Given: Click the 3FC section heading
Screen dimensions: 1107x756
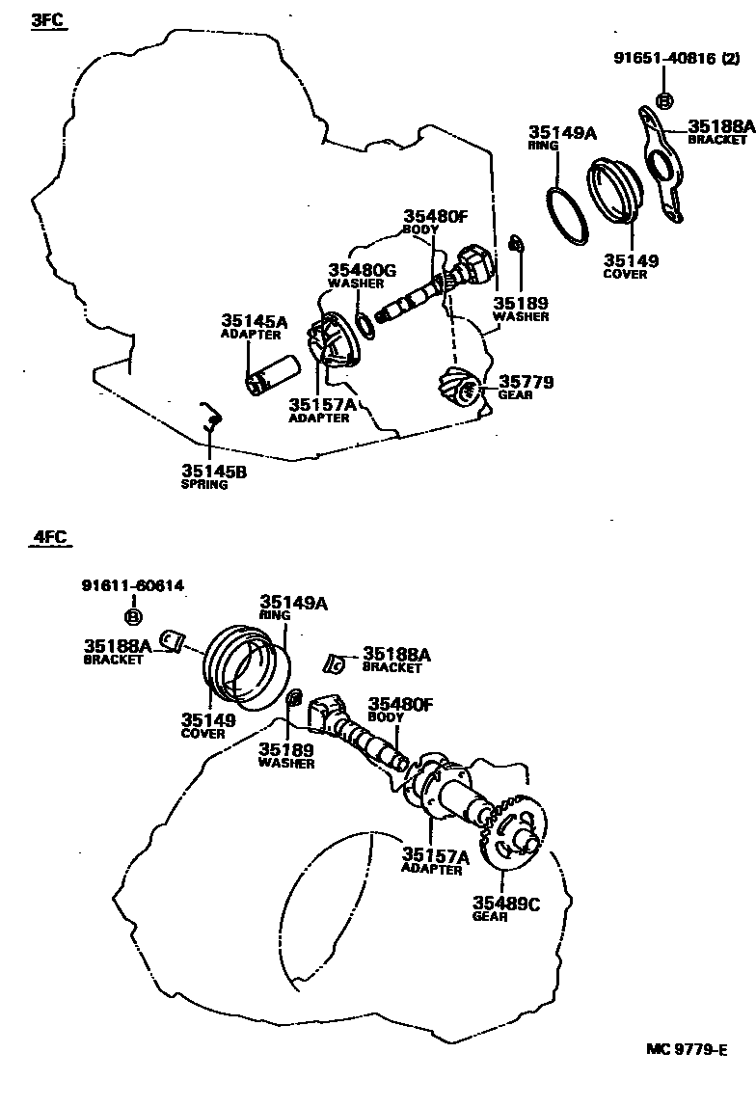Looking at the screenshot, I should coord(47,19).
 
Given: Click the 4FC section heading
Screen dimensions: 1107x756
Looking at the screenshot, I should coord(48,537).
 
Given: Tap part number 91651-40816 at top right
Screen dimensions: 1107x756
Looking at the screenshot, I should coord(663,59).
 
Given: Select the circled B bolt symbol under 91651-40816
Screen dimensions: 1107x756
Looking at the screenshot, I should coord(664,99).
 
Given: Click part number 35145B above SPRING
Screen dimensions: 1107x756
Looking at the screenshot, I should coord(213,471).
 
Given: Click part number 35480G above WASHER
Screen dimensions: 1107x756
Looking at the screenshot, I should coord(362,270).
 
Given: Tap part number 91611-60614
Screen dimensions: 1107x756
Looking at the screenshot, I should coord(133,585).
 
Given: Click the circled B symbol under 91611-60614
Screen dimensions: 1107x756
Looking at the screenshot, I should coord(133,616).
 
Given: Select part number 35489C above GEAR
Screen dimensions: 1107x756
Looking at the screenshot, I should coord(505,903).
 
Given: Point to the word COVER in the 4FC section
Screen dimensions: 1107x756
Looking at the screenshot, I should coord(202,734).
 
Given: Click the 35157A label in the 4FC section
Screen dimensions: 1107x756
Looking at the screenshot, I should coord(435,855).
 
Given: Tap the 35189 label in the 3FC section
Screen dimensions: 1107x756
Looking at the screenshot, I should coord(521,303).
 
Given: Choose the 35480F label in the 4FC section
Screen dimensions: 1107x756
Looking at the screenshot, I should coord(400,705).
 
